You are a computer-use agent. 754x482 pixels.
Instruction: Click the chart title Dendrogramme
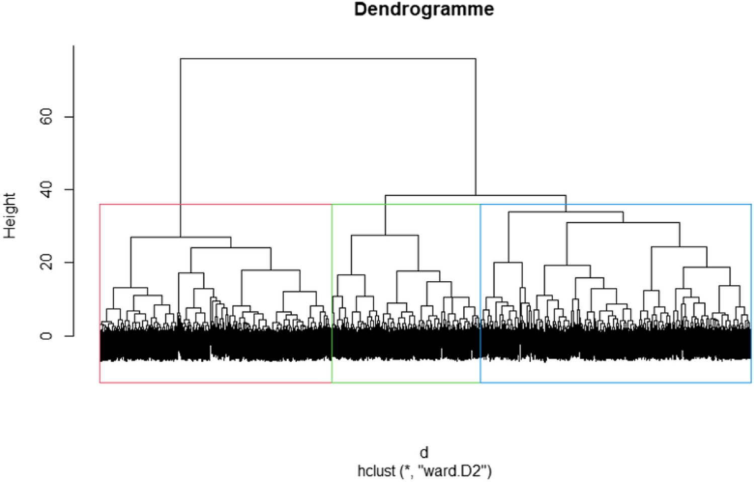(x=424, y=9)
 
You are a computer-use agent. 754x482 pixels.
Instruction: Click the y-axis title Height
(x=10, y=215)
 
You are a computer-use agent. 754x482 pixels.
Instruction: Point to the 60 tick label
(x=46, y=117)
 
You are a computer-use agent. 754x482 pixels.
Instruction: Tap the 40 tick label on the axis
(x=46, y=190)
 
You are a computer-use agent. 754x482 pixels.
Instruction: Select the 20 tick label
(x=46, y=262)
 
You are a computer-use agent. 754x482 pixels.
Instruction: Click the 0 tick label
(x=46, y=335)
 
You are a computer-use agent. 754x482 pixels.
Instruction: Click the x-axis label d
(x=424, y=452)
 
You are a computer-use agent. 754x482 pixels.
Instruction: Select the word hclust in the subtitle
(x=376, y=471)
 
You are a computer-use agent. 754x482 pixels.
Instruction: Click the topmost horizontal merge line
(x=328, y=59)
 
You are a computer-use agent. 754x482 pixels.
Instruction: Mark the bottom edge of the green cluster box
(x=406, y=382)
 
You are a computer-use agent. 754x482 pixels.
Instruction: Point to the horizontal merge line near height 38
(x=475, y=195)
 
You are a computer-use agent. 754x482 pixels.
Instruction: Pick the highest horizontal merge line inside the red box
(x=181, y=237)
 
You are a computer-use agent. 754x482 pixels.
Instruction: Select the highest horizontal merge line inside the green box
(x=385, y=235)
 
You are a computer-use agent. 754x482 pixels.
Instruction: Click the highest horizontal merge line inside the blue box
(x=566, y=212)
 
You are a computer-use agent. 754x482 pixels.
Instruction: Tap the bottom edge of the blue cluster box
(x=616, y=382)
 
